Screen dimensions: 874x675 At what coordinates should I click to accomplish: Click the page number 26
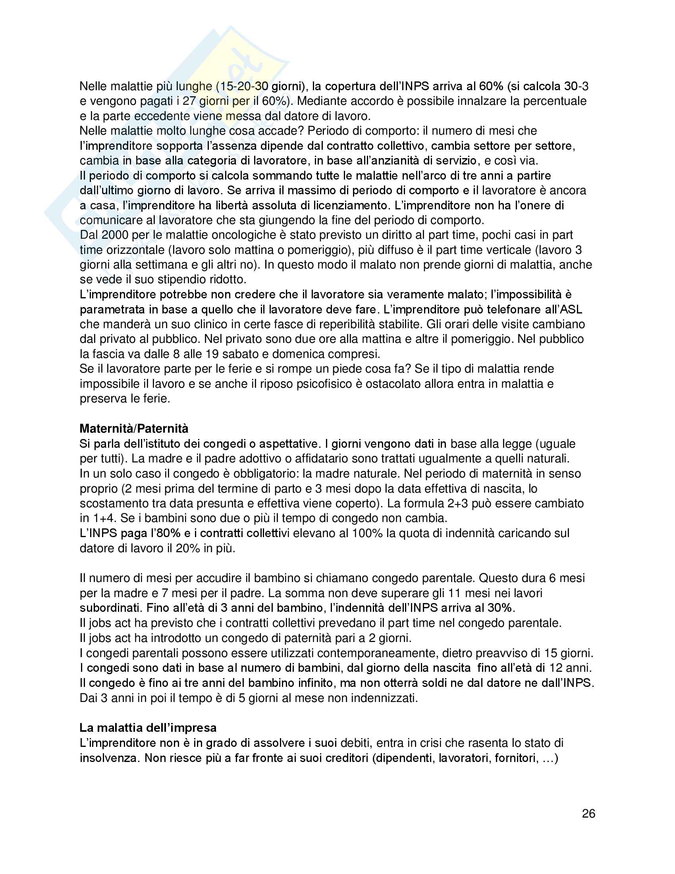588,814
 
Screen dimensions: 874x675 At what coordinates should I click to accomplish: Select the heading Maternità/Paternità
133,429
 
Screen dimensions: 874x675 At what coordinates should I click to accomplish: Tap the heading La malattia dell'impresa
148,727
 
